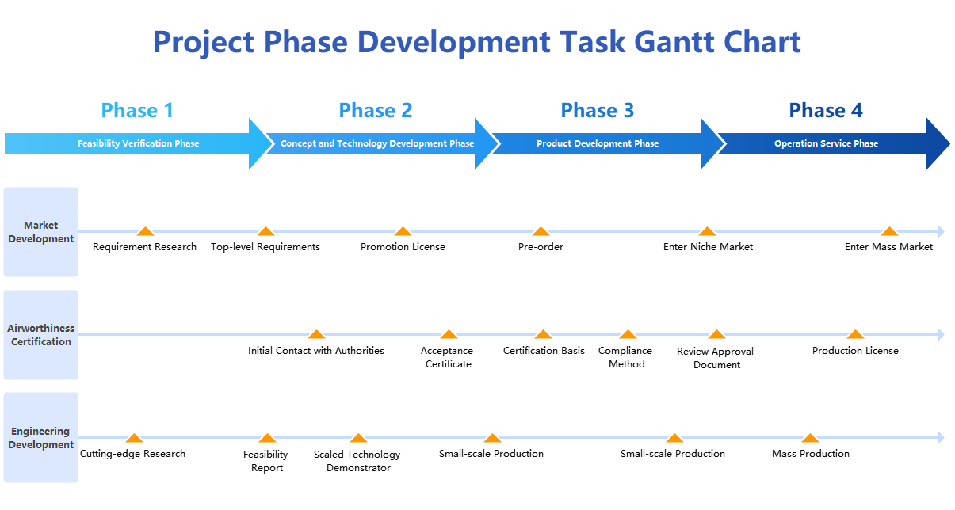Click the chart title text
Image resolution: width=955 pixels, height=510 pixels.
(x=476, y=42)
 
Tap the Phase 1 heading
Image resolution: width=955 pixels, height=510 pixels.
(x=137, y=110)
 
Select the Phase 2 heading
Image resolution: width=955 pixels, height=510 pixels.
(x=375, y=110)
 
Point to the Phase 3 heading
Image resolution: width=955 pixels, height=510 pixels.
(x=597, y=110)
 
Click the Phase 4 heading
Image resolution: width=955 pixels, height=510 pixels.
(x=825, y=110)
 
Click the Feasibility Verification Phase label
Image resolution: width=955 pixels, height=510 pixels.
(x=138, y=143)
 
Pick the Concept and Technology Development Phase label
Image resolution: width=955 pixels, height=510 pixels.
(x=377, y=143)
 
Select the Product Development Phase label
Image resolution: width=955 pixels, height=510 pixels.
(x=598, y=143)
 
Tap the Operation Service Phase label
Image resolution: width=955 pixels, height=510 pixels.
(x=826, y=143)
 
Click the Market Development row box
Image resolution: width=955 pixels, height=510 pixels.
(x=40, y=232)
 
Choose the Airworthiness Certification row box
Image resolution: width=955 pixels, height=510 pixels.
(x=40, y=335)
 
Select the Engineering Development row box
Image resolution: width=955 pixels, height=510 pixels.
(x=40, y=438)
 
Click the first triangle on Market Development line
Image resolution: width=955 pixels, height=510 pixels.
(x=144, y=231)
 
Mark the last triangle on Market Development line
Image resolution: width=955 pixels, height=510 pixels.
(x=889, y=231)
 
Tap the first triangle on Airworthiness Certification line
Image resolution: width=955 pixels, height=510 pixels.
(x=316, y=334)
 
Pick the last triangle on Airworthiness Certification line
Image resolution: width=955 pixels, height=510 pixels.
(x=854, y=334)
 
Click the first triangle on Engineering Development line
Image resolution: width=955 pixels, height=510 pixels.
(x=135, y=438)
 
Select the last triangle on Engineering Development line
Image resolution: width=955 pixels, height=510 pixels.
(x=809, y=438)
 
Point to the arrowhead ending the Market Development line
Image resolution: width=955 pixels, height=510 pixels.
(x=941, y=231)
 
